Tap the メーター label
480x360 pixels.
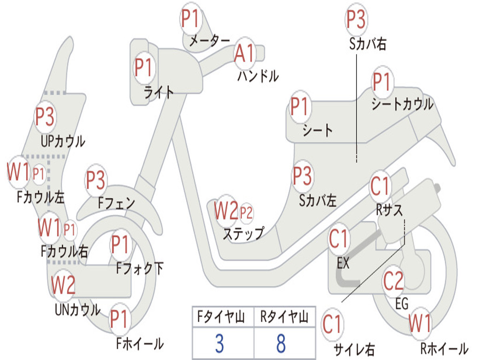pyautogui.click(x=210, y=40)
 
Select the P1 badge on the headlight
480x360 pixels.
pyautogui.click(x=143, y=67)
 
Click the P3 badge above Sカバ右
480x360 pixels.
pyautogui.click(x=356, y=19)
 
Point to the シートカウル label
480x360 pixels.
pyautogui.click(x=403, y=104)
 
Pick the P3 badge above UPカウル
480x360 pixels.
pyautogui.click(x=45, y=117)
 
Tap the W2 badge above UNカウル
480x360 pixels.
pyautogui.click(x=63, y=285)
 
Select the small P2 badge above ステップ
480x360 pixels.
pyautogui.click(x=246, y=212)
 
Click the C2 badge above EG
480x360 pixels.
pyautogui.click(x=394, y=281)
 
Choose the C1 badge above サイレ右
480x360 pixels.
pyautogui.click(x=332, y=324)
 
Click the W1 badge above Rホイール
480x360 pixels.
pyautogui.click(x=420, y=323)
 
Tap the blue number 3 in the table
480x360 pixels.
pyautogui.click(x=219, y=344)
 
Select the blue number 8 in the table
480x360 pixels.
pyautogui.click(x=281, y=344)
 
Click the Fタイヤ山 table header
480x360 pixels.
pyautogui.click(x=221, y=317)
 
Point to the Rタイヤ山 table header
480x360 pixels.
pyautogui.click(x=285, y=317)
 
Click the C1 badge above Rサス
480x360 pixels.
pyautogui.click(x=380, y=186)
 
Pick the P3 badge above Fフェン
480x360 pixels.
pyautogui.click(x=96, y=180)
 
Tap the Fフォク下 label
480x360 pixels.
pyautogui.click(x=140, y=269)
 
